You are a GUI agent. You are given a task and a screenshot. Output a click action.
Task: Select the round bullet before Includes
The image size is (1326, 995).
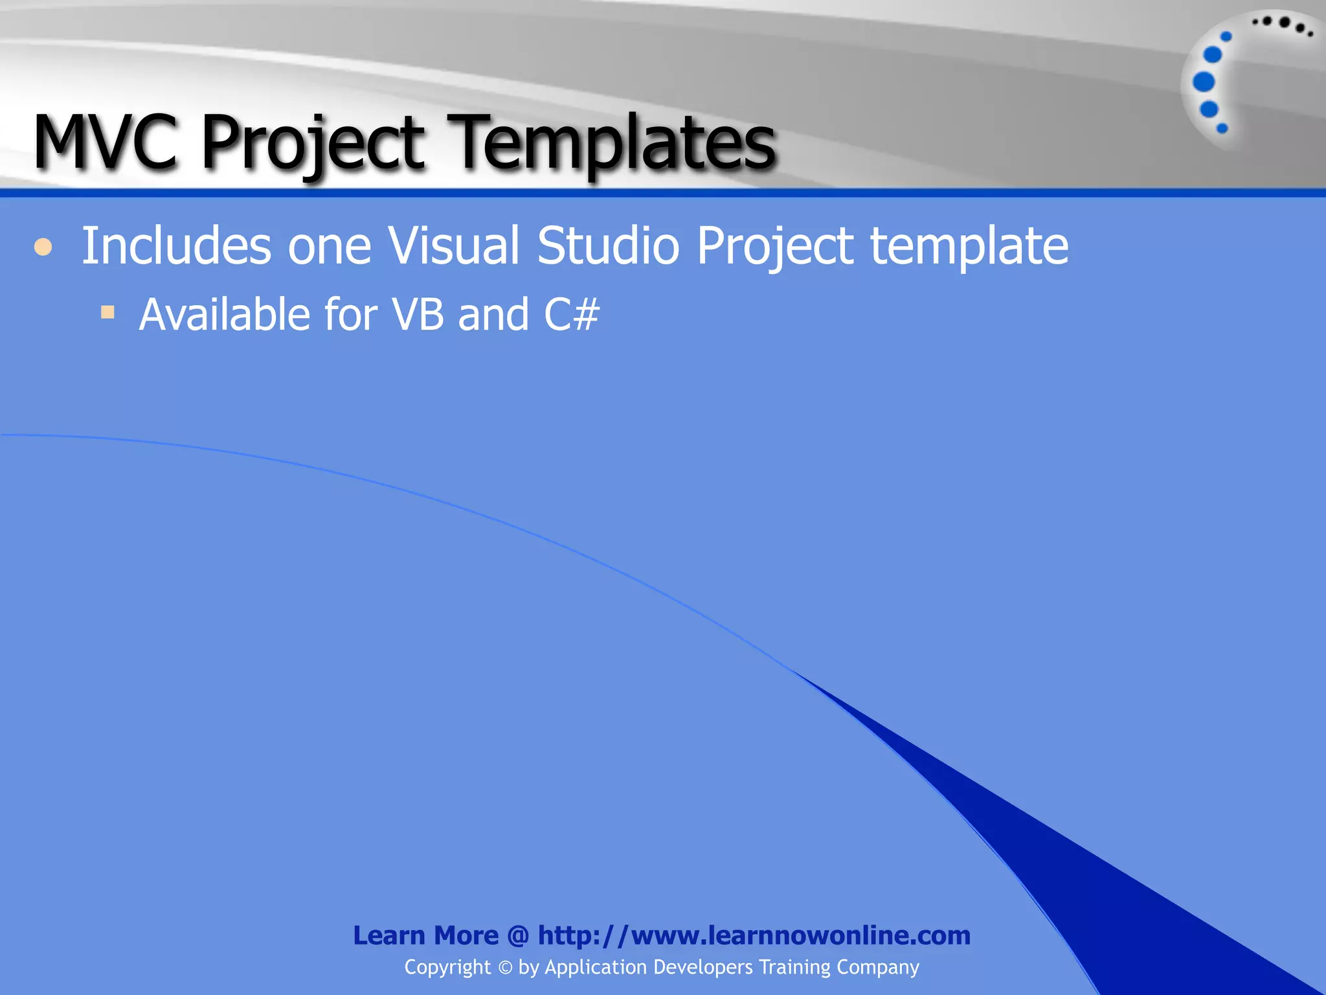click(43, 247)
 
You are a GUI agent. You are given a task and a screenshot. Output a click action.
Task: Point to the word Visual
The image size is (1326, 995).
click(453, 246)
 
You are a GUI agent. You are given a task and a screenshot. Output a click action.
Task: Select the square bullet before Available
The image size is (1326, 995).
click(107, 313)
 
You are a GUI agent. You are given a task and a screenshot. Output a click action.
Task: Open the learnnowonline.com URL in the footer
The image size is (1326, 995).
click(754, 935)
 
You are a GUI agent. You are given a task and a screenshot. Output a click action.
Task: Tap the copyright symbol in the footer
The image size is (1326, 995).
click(505, 968)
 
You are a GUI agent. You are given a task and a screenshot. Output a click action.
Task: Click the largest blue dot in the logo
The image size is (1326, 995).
click(1204, 82)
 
